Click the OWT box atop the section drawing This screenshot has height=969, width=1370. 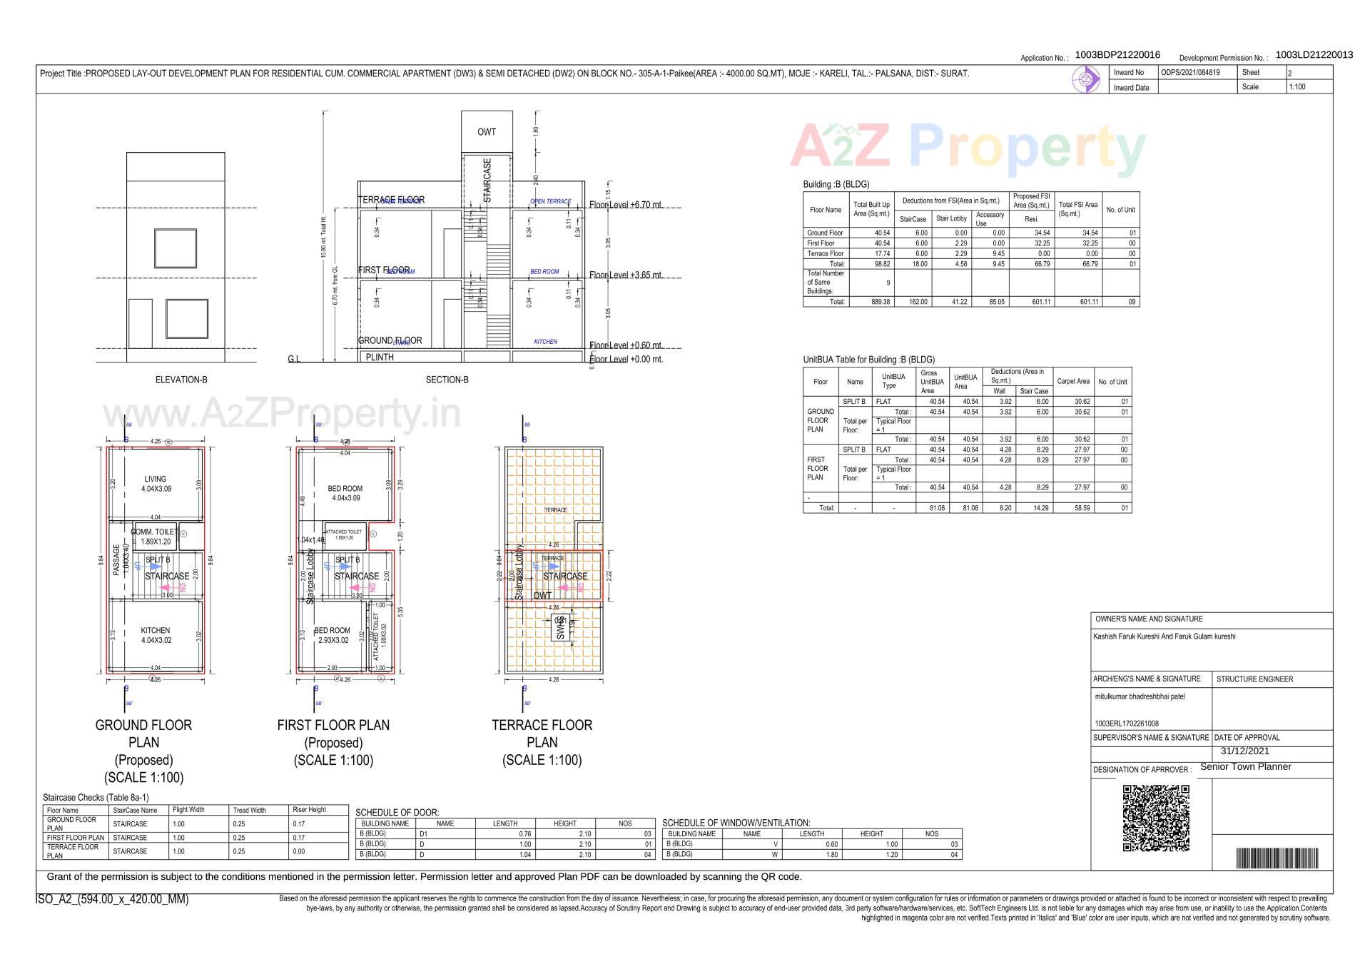[x=487, y=132]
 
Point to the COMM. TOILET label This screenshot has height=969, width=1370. [x=154, y=532]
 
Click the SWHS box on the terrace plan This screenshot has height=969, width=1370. [x=561, y=627]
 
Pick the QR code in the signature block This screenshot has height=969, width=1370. [x=1156, y=818]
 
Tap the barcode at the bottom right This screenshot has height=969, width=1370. [x=1277, y=858]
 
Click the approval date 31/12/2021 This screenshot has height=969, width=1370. [x=1245, y=751]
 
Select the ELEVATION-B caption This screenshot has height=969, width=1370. [x=181, y=380]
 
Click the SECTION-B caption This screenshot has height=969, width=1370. [x=447, y=380]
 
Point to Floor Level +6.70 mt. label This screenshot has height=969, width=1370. [x=626, y=205]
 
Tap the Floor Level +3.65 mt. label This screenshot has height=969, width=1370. [x=626, y=275]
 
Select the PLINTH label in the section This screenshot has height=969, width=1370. [x=380, y=357]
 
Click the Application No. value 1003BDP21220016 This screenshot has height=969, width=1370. [x=1117, y=55]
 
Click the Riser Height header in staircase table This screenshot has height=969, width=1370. [x=309, y=810]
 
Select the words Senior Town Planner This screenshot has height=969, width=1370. [x=1246, y=766]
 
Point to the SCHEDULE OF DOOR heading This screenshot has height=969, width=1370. [x=397, y=813]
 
